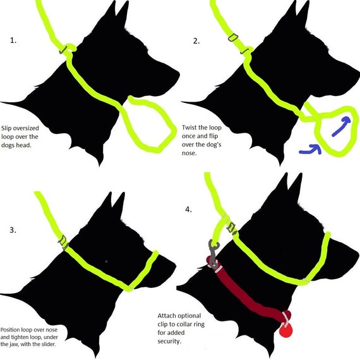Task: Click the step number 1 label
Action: [x=13, y=40]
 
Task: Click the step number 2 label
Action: [x=196, y=41]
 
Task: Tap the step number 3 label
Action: [x=13, y=230]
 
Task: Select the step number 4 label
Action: [x=188, y=210]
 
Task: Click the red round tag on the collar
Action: [x=286, y=330]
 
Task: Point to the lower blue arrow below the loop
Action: [x=310, y=149]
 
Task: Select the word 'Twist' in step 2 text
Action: [x=189, y=128]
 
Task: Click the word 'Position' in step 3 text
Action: [x=10, y=330]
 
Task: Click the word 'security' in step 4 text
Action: [x=169, y=342]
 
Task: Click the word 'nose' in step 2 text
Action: [x=189, y=153]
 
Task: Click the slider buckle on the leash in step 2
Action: [x=233, y=37]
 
